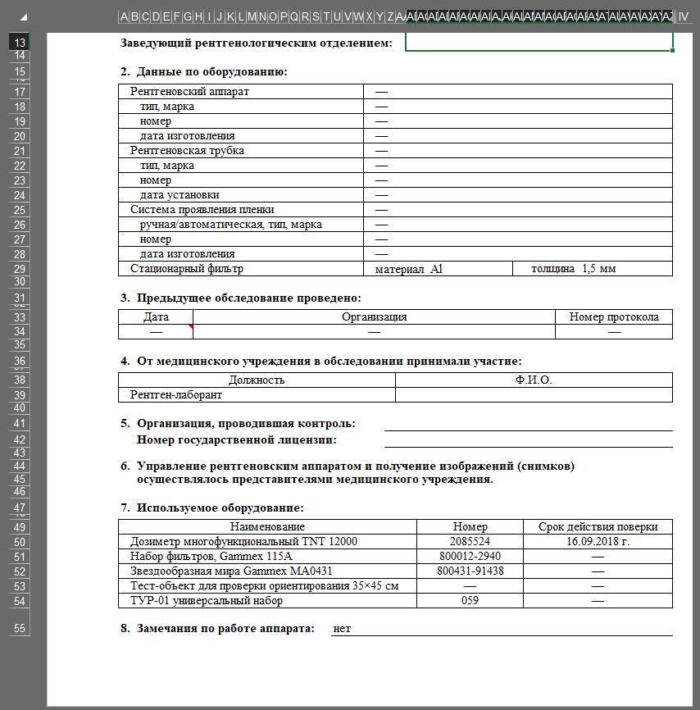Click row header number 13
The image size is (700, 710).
click(20, 43)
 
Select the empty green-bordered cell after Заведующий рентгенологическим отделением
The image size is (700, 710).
click(539, 42)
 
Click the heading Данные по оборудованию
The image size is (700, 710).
click(211, 72)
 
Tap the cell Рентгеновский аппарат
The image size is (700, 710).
click(189, 92)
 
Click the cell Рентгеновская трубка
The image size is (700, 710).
click(187, 151)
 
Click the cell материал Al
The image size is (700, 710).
click(409, 269)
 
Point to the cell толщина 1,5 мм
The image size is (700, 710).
click(573, 269)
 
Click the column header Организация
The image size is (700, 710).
click(374, 317)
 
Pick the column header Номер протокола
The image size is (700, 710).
click(613, 317)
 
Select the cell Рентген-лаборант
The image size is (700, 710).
click(176, 395)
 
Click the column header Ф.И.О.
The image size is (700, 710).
click(534, 380)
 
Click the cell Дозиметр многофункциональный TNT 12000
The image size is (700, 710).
click(244, 542)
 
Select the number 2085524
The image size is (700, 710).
click(470, 542)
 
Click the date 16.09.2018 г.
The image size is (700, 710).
click(597, 542)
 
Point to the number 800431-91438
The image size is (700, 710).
click(470, 571)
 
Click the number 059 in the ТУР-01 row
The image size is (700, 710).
click(470, 601)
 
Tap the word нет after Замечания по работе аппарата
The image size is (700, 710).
click(343, 629)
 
